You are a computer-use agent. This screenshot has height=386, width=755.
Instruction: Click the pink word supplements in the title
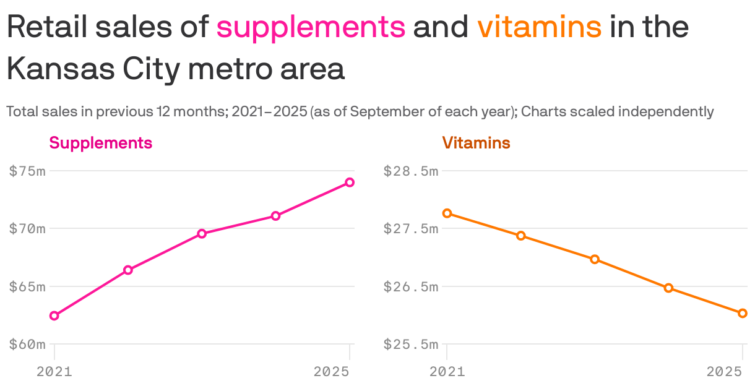[x=311, y=27]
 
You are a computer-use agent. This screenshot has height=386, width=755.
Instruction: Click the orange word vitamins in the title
[x=539, y=27]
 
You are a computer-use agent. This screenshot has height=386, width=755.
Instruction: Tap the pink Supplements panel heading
[x=100, y=143]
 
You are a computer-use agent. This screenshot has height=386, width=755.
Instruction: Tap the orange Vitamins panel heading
[x=476, y=143]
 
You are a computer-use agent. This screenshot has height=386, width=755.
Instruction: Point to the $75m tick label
[x=27, y=171]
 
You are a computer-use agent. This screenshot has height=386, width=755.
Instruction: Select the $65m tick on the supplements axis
[x=27, y=287]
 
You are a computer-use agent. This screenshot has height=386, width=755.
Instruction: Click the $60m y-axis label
[x=27, y=345]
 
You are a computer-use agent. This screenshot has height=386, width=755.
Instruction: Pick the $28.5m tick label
[x=411, y=171]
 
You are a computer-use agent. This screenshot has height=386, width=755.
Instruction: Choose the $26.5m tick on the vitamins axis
[x=411, y=287]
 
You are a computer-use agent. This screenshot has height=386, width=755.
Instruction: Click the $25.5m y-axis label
[x=411, y=345]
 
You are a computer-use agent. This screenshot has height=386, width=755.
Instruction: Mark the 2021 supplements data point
[x=54, y=315]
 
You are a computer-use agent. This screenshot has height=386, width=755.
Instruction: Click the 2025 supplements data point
[x=350, y=182]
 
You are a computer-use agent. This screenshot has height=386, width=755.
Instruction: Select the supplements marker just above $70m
[x=276, y=216]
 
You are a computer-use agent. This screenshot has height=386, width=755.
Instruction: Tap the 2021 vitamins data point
[x=447, y=213]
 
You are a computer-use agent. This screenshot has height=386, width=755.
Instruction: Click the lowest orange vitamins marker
[x=743, y=313]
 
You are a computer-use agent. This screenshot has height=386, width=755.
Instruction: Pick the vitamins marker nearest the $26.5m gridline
[x=668, y=288]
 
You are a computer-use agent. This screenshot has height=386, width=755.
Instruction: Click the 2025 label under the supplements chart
[x=332, y=372]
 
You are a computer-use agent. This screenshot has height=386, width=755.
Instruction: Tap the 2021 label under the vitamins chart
[x=447, y=372]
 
